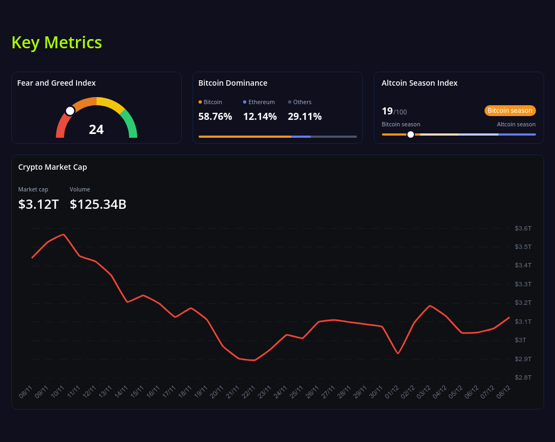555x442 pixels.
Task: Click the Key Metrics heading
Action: tap(56, 42)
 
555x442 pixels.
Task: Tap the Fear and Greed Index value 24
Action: tap(96, 130)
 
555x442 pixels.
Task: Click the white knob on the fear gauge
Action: tap(70, 111)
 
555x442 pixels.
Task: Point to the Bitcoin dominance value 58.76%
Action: tap(215, 117)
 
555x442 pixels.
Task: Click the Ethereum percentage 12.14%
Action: tap(259, 117)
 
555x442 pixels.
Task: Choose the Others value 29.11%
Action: tap(304, 117)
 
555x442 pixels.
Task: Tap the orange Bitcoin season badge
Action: tap(509, 111)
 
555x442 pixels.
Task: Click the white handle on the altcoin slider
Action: tap(411, 134)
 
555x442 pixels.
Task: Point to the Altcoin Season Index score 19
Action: tap(387, 111)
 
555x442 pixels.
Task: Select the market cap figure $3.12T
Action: tap(38, 204)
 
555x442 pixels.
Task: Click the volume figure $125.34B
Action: tap(98, 204)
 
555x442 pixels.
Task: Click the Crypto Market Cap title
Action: tap(53, 167)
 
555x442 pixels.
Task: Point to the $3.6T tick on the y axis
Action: tap(522, 228)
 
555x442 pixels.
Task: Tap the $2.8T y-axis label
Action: tap(522, 377)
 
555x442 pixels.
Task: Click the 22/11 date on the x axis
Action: tap(250, 392)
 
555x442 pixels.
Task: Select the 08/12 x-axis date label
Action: tap(504, 392)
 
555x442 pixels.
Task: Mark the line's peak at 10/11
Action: tap(64, 234)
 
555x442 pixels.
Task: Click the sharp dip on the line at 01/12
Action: tap(398, 354)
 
